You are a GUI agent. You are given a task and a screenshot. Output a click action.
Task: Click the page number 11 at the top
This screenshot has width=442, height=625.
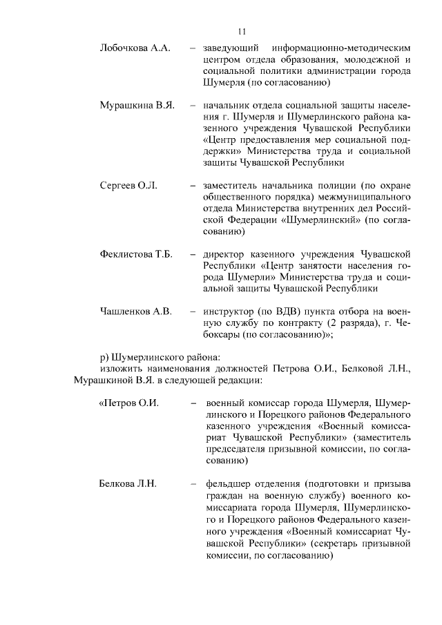pos(241,31)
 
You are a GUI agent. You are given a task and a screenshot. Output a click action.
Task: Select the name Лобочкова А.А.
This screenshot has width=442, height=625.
pos(135,50)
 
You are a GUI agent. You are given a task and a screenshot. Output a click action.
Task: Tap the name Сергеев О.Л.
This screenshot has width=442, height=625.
pos(129,186)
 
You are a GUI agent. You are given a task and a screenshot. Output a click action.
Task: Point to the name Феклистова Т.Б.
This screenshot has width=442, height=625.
pos(136,255)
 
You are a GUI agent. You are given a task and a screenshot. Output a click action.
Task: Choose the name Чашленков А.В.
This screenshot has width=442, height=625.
pos(135,311)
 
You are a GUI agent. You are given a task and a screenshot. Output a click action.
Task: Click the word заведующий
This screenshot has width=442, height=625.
pos(231,50)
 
